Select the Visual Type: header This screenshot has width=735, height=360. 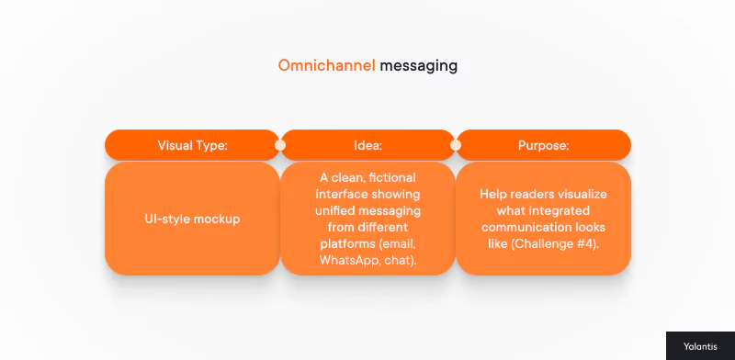tap(192, 145)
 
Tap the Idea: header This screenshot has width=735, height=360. tap(367, 145)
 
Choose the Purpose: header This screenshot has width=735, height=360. tap(543, 145)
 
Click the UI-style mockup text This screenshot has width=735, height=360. tap(192, 219)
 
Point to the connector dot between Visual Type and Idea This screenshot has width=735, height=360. tap(279, 145)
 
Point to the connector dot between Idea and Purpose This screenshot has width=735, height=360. tap(456, 145)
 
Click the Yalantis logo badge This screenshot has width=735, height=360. tap(699, 345)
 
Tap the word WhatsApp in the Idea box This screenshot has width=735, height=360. tap(346, 261)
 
